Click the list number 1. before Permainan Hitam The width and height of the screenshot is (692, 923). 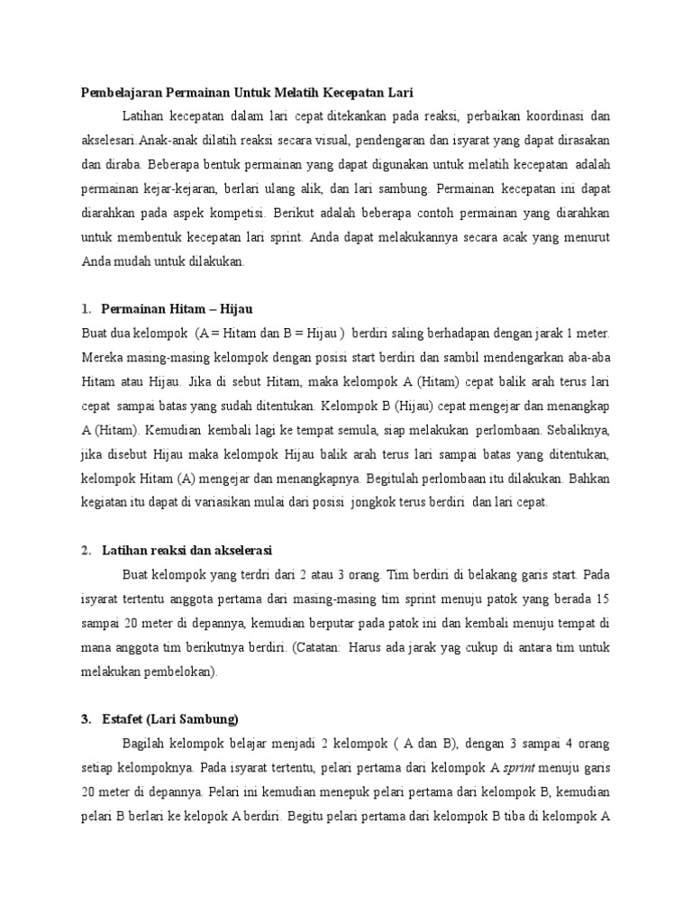(x=86, y=310)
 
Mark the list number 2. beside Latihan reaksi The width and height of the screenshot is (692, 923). (x=86, y=550)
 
